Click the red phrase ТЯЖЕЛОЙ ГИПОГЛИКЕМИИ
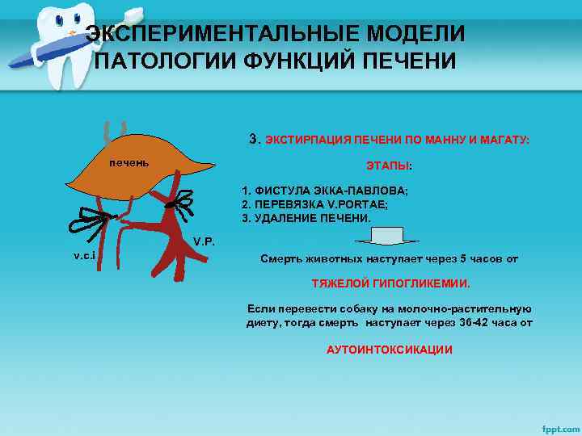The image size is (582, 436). [x=390, y=284]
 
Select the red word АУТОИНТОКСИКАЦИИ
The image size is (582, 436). [x=390, y=350]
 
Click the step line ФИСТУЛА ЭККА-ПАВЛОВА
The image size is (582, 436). [x=325, y=191]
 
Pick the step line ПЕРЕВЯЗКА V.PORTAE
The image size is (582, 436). [x=315, y=204]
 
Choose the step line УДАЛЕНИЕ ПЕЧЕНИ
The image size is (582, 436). [x=307, y=218]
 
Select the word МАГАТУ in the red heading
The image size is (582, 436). [x=504, y=140]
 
